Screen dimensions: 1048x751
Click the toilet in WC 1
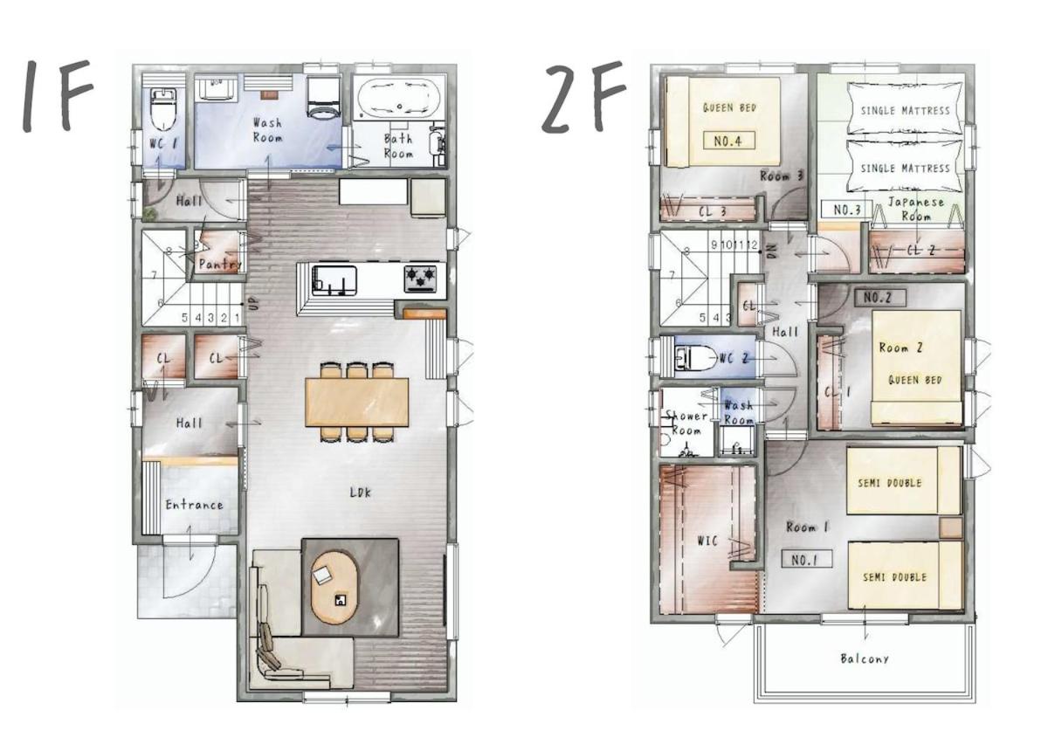[163, 109]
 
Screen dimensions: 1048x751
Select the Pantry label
[219, 265]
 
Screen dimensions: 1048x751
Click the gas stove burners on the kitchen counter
[420, 278]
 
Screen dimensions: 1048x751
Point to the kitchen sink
[334, 280]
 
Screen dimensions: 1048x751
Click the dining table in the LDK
[357, 403]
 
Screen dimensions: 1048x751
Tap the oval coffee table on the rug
[335, 587]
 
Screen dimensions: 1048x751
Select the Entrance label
[194, 505]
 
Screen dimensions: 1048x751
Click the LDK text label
[361, 492]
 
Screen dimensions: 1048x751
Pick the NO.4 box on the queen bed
[729, 141]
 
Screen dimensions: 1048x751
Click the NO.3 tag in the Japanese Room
[847, 210]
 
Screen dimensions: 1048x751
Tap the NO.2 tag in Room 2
[880, 298]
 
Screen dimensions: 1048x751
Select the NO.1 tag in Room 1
[807, 559]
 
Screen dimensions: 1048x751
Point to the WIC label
[707, 541]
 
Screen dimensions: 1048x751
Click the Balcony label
[864, 658]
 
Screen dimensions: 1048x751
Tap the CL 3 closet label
[712, 211]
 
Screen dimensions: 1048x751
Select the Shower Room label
[686, 423]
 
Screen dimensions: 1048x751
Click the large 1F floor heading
[58, 96]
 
